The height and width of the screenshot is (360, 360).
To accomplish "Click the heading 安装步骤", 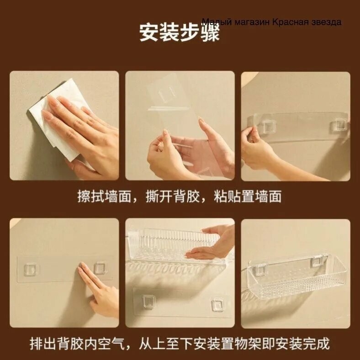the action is [179, 32].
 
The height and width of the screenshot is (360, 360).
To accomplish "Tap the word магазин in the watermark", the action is [252, 22].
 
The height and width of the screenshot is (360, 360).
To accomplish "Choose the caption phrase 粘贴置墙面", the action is [248, 196].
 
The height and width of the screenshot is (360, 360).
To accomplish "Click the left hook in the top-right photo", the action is [267, 126].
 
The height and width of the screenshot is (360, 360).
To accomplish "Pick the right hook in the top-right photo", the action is [339, 124].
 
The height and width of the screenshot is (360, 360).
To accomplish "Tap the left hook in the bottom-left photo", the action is [31, 269].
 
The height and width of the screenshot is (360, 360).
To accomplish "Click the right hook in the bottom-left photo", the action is [101, 268].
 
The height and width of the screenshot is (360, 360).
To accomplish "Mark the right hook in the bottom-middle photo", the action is [217, 305].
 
